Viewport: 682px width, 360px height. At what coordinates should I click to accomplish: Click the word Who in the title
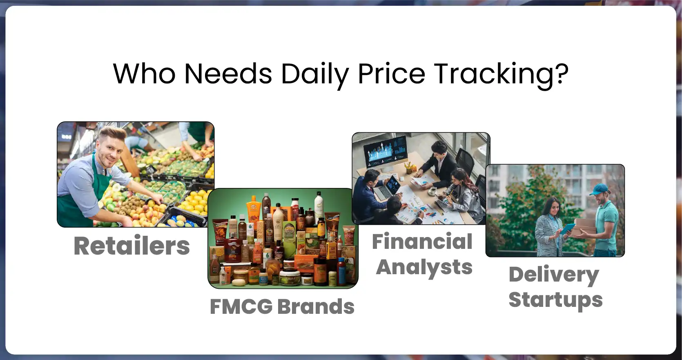tap(144, 74)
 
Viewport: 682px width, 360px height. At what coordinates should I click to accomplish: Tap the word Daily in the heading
tap(314, 75)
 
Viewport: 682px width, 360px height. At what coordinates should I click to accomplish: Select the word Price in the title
tap(391, 74)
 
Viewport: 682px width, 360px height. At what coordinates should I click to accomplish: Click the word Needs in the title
tap(228, 74)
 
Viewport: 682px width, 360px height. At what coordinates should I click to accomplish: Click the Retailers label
tap(131, 246)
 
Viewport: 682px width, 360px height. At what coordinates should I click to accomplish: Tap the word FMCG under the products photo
tap(241, 306)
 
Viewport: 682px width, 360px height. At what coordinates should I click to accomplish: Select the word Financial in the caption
tap(422, 241)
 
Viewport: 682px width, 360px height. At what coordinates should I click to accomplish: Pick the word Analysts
tap(424, 268)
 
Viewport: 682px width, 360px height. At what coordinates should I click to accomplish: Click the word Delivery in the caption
tap(554, 275)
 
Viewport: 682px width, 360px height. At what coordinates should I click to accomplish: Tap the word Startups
tap(555, 300)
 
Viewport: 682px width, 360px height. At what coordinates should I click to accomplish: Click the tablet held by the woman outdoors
tap(567, 229)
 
